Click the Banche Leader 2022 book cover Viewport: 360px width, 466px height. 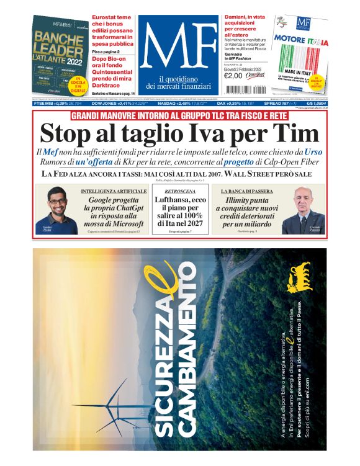click(x=60, y=56)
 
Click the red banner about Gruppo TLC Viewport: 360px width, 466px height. click(x=179, y=116)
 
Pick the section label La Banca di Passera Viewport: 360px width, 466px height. click(x=247, y=191)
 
